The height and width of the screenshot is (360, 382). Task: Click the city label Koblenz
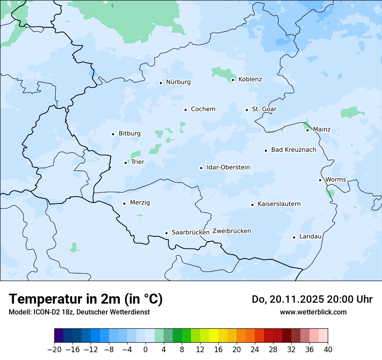[250, 79]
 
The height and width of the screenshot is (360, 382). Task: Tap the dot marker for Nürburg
[161, 83]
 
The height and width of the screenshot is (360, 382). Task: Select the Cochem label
[203, 109]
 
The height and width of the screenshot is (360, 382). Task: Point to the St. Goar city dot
[247, 110]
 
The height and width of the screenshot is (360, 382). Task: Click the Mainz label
[322, 130]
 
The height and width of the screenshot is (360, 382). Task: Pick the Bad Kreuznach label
[293, 150]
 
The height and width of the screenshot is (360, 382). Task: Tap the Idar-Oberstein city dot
[201, 168]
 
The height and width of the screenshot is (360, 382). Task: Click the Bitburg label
[129, 134]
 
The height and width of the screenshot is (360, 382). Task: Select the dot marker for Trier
[126, 163]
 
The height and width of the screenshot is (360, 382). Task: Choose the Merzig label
[140, 203]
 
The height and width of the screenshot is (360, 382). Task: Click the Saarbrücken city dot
[166, 233]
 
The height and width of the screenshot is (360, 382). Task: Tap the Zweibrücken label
[231, 231]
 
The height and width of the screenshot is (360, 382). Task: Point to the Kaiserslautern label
[279, 204]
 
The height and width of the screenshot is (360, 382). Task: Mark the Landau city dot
[294, 237]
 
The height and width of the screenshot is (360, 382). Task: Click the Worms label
[336, 180]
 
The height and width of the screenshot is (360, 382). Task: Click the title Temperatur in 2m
[86, 299]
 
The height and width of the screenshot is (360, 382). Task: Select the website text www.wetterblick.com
[313, 312]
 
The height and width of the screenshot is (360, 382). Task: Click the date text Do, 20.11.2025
[287, 299]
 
